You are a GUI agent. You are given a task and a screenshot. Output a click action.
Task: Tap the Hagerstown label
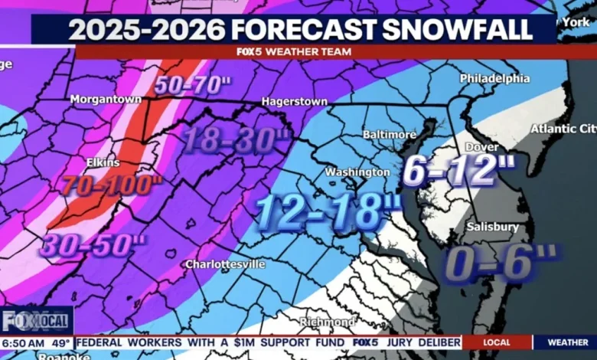pos(294,101)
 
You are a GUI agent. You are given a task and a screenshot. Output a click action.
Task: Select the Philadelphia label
pos(494,78)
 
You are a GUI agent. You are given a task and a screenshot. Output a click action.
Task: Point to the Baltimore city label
pos(390,135)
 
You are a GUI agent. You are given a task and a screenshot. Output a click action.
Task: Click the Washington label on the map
pos(357,172)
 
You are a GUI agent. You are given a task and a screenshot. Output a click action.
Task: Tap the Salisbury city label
pos(494,227)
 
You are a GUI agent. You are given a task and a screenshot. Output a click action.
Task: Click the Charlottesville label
pos(226,264)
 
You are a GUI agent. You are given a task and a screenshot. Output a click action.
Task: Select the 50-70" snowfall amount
pos(192,83)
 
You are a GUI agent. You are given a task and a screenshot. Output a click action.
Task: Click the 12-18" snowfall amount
pos(328,212)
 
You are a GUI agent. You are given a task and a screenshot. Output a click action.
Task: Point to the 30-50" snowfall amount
pos(93,245)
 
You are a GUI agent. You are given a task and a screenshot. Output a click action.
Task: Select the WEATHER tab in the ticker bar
pos(568,342)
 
